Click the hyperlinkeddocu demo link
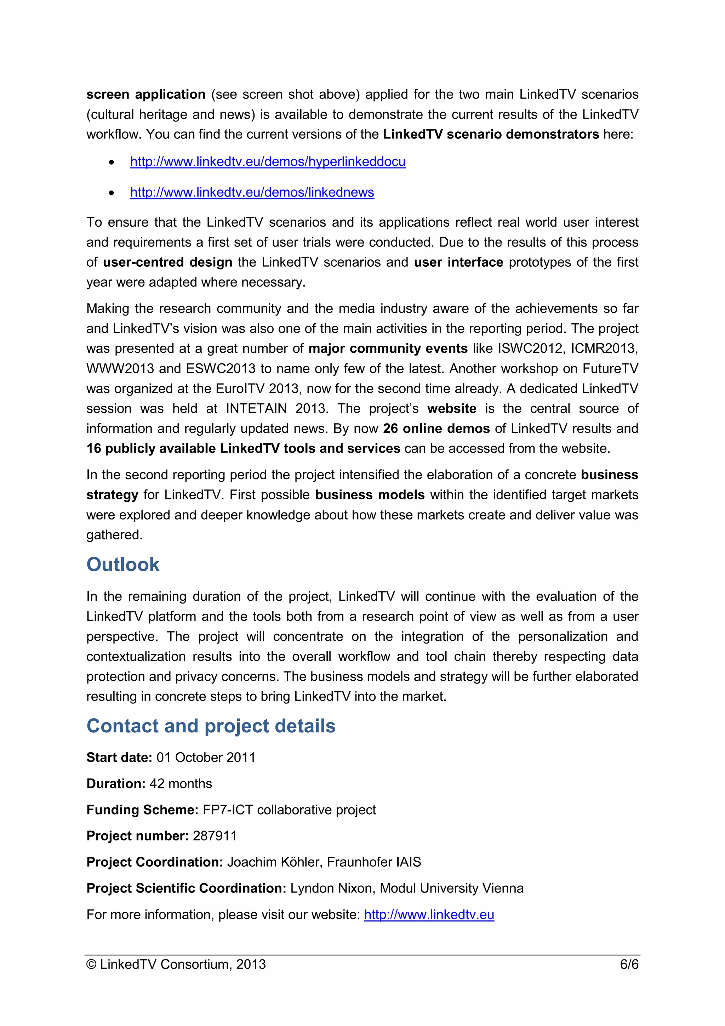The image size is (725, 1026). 268,162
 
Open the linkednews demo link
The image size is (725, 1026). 252,192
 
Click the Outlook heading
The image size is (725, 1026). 123,565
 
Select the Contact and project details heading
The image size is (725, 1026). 211,726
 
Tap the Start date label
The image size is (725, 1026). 119,758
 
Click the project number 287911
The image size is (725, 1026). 215,836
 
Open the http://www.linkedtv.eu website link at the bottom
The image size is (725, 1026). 429,915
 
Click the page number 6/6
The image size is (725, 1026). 629,964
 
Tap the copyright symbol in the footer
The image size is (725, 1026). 91,964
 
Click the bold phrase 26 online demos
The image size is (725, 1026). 436,429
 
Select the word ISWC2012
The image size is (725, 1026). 531,348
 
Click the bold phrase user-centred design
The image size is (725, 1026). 167,262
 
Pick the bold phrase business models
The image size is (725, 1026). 370,495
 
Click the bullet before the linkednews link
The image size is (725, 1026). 112,193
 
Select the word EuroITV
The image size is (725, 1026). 240,389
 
